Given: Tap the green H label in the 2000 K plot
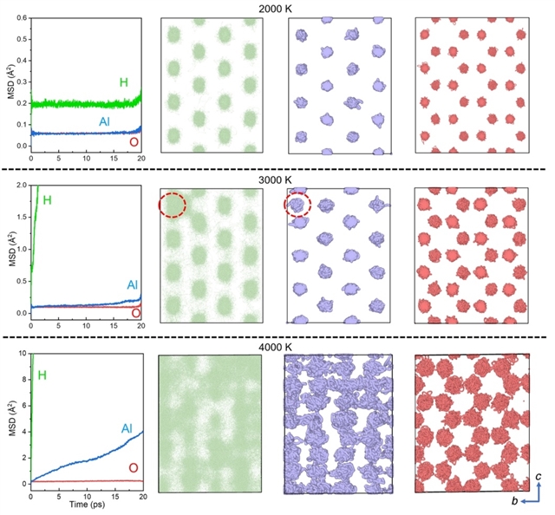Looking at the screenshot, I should [x=123, y=82].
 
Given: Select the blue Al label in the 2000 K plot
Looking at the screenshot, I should [x=105, y=122].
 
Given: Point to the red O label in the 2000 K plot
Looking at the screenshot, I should [x=133, y=141].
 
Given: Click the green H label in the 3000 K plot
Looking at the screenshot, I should [x=47, y=200].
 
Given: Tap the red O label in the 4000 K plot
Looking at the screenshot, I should [x=133, y=468].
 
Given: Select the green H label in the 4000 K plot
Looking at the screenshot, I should [x=41, y=376].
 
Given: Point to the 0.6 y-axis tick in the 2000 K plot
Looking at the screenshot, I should [x=22, y=17].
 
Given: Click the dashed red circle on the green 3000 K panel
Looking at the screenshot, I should [x=173, y=205].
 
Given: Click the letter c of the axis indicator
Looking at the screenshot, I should [x=539, y=476].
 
